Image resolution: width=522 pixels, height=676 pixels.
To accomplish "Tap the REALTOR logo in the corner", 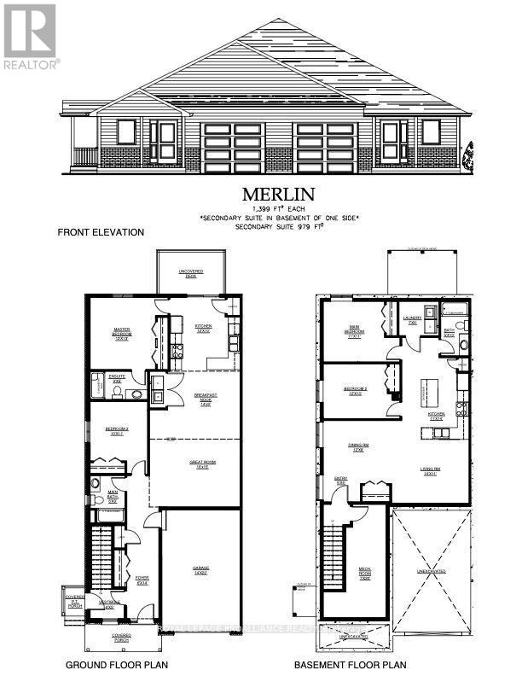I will [30, 35].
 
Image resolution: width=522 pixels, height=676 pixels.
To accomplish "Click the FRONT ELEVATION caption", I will [101, 232].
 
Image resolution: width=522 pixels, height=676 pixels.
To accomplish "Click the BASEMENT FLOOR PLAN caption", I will [350, 664].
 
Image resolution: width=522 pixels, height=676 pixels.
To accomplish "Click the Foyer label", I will [142, 582].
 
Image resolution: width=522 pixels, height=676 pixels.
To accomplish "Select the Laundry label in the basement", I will [412, 320].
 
